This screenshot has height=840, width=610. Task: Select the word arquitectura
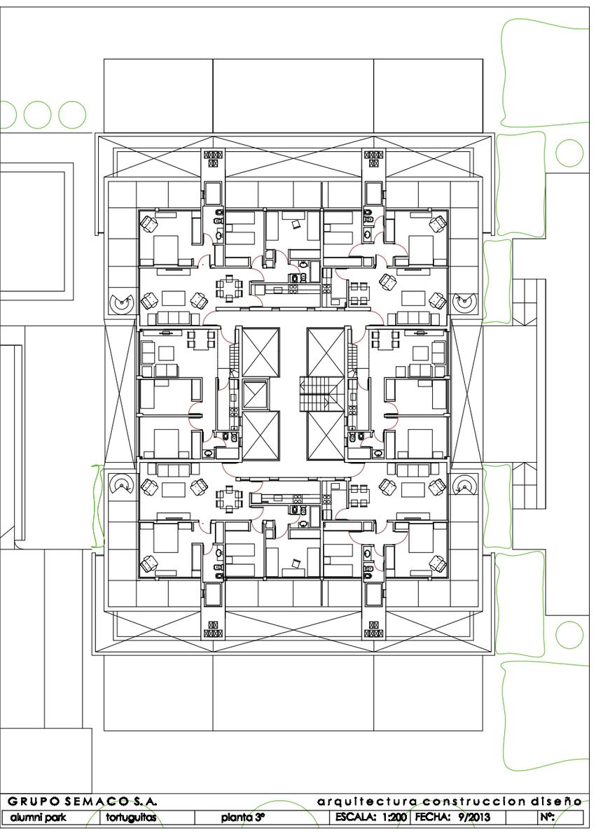366,802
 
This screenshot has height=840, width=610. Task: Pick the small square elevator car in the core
256,393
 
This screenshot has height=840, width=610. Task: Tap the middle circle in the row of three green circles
38,115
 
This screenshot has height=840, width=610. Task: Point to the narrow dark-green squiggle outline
98,506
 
